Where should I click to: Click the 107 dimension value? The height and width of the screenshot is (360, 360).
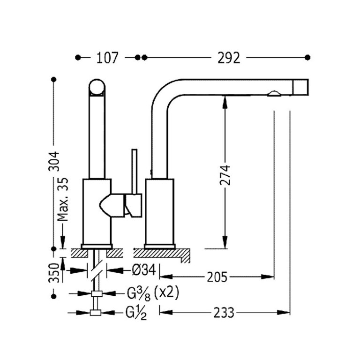pos(107,58)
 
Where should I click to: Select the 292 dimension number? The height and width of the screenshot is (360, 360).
pos(229,58)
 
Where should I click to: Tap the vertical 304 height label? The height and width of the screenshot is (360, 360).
pos(54,161)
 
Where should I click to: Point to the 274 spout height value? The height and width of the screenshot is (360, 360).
pos(225,175)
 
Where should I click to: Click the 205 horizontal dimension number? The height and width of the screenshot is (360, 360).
pos(217,277)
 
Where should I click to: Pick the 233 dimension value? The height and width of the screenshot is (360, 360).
pos(224,313)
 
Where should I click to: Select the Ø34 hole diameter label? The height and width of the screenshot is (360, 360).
pos(144,270)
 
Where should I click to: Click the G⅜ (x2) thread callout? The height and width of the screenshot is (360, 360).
pos(153,293)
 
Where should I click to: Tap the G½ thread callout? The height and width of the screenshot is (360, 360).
pos(136,313)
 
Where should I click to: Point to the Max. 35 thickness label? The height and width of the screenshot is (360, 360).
pos(63,199)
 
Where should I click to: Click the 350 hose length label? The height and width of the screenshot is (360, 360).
pos(54,273)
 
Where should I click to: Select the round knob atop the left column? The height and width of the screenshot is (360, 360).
pos(97,87)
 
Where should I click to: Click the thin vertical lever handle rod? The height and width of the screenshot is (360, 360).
pos(135,172)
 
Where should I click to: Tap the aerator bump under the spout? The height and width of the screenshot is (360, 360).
pos(274,94)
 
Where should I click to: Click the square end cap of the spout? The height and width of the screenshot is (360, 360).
pos(300,87)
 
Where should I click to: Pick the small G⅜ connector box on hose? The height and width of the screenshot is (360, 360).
pos(97,293)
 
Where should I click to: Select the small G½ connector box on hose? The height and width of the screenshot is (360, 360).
pos(96,313)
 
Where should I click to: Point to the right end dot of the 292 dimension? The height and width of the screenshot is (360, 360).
pos(307,57)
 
